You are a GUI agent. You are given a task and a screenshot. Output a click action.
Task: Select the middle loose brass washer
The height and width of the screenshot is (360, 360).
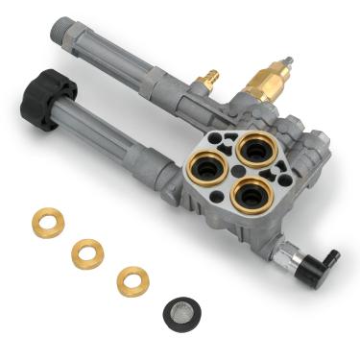tap(87, 252)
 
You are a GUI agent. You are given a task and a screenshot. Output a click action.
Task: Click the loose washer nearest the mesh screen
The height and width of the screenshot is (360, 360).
tap(132, 280)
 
